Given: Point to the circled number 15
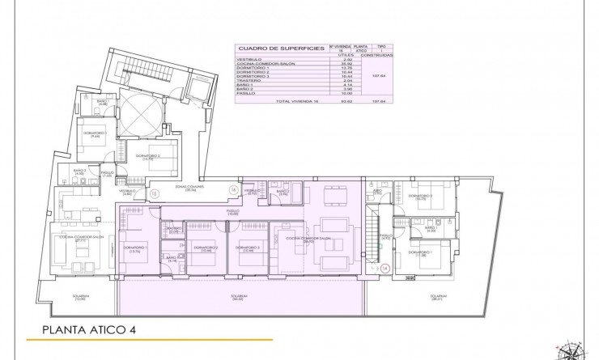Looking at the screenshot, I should click(155, 194).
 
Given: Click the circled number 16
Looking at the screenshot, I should click(232, 191).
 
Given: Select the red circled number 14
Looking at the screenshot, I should click(385, 269).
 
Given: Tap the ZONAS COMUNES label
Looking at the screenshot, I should click(189, 186).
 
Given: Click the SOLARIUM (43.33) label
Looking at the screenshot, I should click(239, 297).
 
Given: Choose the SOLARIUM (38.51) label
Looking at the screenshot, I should click(438, 297).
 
